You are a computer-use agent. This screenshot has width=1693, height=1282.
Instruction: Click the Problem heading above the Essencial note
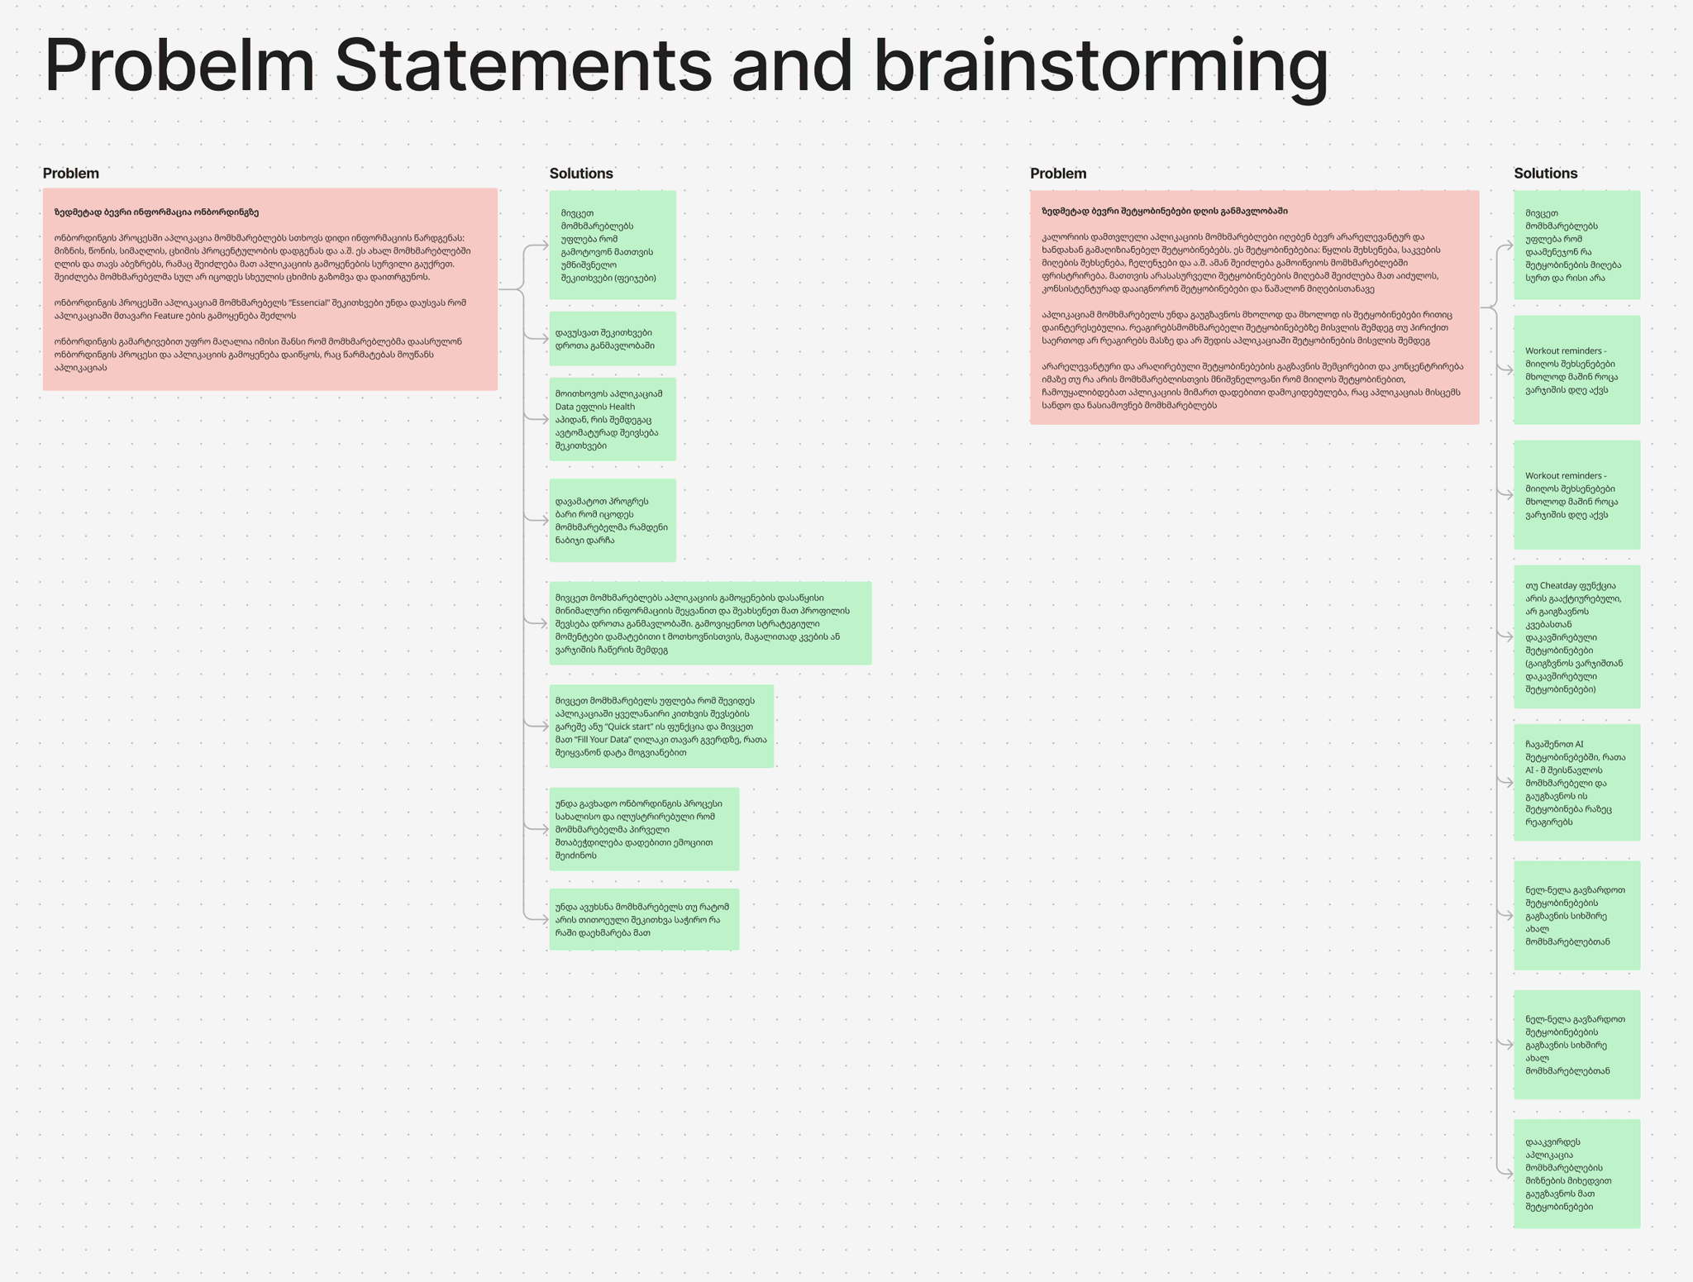71,174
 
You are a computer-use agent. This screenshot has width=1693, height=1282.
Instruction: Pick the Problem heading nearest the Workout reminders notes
1058,174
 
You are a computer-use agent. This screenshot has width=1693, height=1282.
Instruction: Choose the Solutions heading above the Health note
581,174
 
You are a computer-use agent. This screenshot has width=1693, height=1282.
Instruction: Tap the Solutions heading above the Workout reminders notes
1546,174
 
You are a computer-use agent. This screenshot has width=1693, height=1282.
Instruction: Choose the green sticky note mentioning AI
1576,782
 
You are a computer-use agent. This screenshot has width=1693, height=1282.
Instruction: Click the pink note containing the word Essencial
269,289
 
